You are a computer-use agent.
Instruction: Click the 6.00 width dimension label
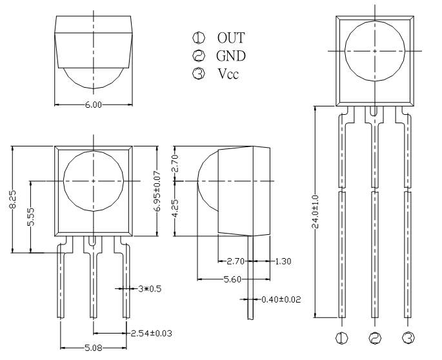pyautogui.click(x=94, y=105)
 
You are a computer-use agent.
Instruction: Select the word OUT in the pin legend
pyautogui.click(x=231, y=38)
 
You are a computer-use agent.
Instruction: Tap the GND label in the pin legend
pyautogui.click(x=231, y=56)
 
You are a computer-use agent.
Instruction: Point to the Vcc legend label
pyautogui.click(x=228, y=74)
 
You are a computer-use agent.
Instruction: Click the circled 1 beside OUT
pyautogui.click(x=199, y=38)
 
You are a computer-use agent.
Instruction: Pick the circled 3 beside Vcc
pyautogui.click(x=199, y=74)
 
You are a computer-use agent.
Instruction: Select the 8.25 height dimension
pyautogui.click(x=13, y=200)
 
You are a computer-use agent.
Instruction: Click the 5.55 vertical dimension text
pyautogui.click(x=31, y=217)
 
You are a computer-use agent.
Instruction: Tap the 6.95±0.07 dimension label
pyautogui.click(x=158, y=191)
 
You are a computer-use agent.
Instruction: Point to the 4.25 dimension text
pyautogui.click(x=175, y=208)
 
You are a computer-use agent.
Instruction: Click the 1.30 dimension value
pyautogui.click(x=283, y=261)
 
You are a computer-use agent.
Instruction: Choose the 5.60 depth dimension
pyautogui.click(x=232, y=279)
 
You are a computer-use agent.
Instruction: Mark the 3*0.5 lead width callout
pyautogui.click(x=150, y=289)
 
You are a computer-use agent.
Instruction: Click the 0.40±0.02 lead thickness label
pyautogui.click(x=281, y=299)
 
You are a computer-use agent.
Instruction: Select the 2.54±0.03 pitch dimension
pyautogui.click(x=152, y=334)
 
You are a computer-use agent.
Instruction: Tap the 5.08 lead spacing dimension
pyautogui.click(x=94, y=348)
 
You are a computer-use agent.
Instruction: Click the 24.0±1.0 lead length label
pyautogui.click(x=315, y=211)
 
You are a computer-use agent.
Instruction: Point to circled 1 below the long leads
pyautogui.click(x=342, y=337)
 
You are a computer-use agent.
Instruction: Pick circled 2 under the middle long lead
pyautogui.click(x=375, y=337)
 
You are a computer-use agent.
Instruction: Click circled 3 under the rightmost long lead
pyautogui.click(x=408, y=337)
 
